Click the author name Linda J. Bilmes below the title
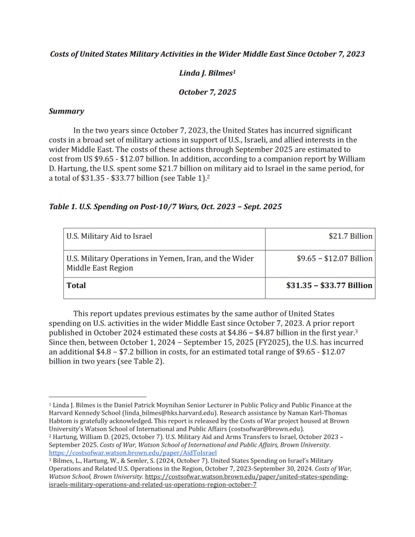(207, 73)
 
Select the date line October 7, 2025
(207, 92)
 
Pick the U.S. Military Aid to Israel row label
(109, 236)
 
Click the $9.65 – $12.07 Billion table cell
(334, 258)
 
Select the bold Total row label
(76, 285)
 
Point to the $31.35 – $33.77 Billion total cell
(329, 285)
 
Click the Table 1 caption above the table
(165, 206)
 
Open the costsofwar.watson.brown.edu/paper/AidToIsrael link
(133, 453)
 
